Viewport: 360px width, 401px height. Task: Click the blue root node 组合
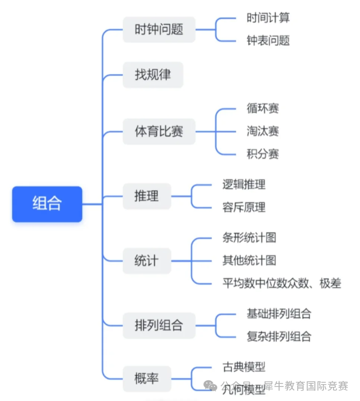pos(47,204)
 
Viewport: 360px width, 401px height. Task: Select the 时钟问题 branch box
pos(159,29)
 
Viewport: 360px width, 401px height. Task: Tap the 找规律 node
pos(152,74)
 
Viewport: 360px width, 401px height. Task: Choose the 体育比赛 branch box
pos(159,132)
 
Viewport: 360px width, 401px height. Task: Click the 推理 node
pos(147,196)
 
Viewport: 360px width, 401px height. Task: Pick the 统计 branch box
pos(146,261)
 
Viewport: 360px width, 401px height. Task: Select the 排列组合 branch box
pos(159,325)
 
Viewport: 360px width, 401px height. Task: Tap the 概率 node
pos(147,379)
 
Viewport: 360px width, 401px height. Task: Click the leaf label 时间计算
pos(268,18)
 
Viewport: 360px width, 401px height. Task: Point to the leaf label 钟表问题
pos(268,41)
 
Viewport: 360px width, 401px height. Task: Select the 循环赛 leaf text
pos(263,108)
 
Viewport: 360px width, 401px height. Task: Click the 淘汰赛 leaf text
pos(263,131)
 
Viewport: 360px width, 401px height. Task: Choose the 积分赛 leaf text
pos(263,154)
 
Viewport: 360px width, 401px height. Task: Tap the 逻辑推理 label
pos(244,184)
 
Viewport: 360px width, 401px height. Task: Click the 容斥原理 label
pos(244,208)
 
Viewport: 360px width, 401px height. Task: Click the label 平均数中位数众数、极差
pos(281,283)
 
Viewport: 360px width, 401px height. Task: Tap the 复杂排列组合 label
pos(279,337)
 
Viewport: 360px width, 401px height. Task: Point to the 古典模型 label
pos(244,367)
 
